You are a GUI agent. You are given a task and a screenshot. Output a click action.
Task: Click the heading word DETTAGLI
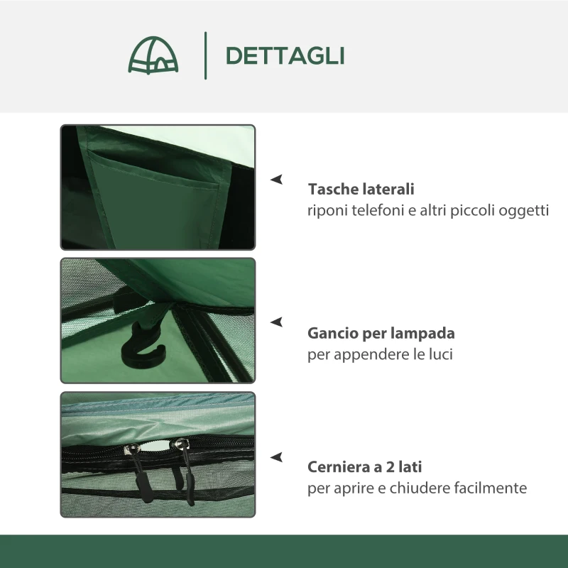coord(285,55)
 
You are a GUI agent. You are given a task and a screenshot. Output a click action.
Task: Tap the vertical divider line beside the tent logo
coord(206,55)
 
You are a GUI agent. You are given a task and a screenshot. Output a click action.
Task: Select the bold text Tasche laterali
coord(361,190)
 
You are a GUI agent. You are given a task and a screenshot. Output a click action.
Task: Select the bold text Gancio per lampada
coord(381,333)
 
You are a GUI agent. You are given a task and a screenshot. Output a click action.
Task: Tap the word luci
coord(437,354)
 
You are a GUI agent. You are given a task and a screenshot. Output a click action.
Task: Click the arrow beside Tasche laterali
coord(277,180)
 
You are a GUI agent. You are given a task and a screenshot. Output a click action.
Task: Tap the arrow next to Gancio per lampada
coord(277,322)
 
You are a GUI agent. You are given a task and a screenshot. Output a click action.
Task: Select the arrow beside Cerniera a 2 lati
coord(277,457)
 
